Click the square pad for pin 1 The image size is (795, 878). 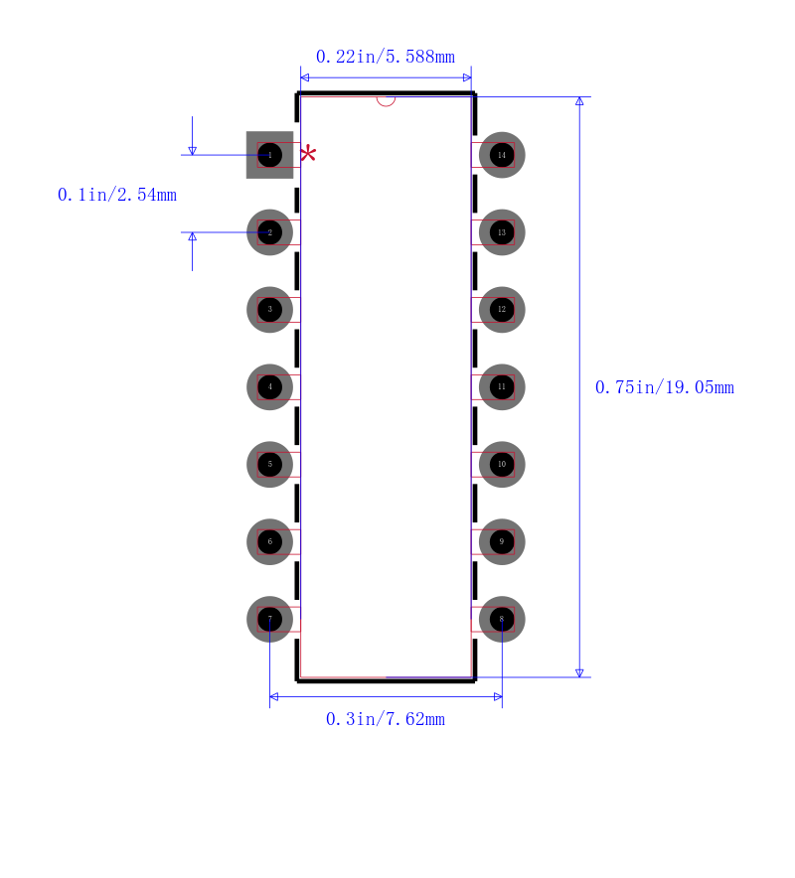pyautogui.click(x=269, y=155)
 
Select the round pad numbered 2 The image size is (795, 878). pyautogui.click(x=269, y=232)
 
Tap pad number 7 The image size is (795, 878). pyautogui.click(x=269, y=620)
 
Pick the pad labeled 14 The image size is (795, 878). pyautogui.click(x=502, y=155)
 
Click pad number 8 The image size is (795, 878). pyautogui.click(x=502, y=620)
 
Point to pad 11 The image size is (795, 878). pyautogui.click(x=502, y=387)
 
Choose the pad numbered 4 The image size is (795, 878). pyautogui.click(x=269, y=387)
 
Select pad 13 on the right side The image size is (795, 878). pyautogui.click(x=502, y=232)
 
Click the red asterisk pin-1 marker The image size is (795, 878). pyautogui.click(x=308, y=153)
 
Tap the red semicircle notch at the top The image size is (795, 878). pyautogui.click(x=386, y=99)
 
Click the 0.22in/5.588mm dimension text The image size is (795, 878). pyautogui.click(x=386, y=57)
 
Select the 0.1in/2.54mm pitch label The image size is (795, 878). pyautogui.click(x=117, y=195)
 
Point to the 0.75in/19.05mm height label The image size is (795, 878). pyautogui.click(x=664, y=387)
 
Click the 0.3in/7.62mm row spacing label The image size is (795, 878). pyautogui.click(x=386, y=719)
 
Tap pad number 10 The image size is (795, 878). pyautogui.click(x=502, y=465)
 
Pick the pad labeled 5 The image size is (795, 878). pyautogui.click(x=269, y=465)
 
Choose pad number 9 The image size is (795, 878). pyautogui.click(x=502, y=542)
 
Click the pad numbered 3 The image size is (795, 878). pyautogui.click(x=269, y=310)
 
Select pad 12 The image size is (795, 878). pyautogui.click(x=502, y=310)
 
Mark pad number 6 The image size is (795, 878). pyautogui.click(x=269, y=542)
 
